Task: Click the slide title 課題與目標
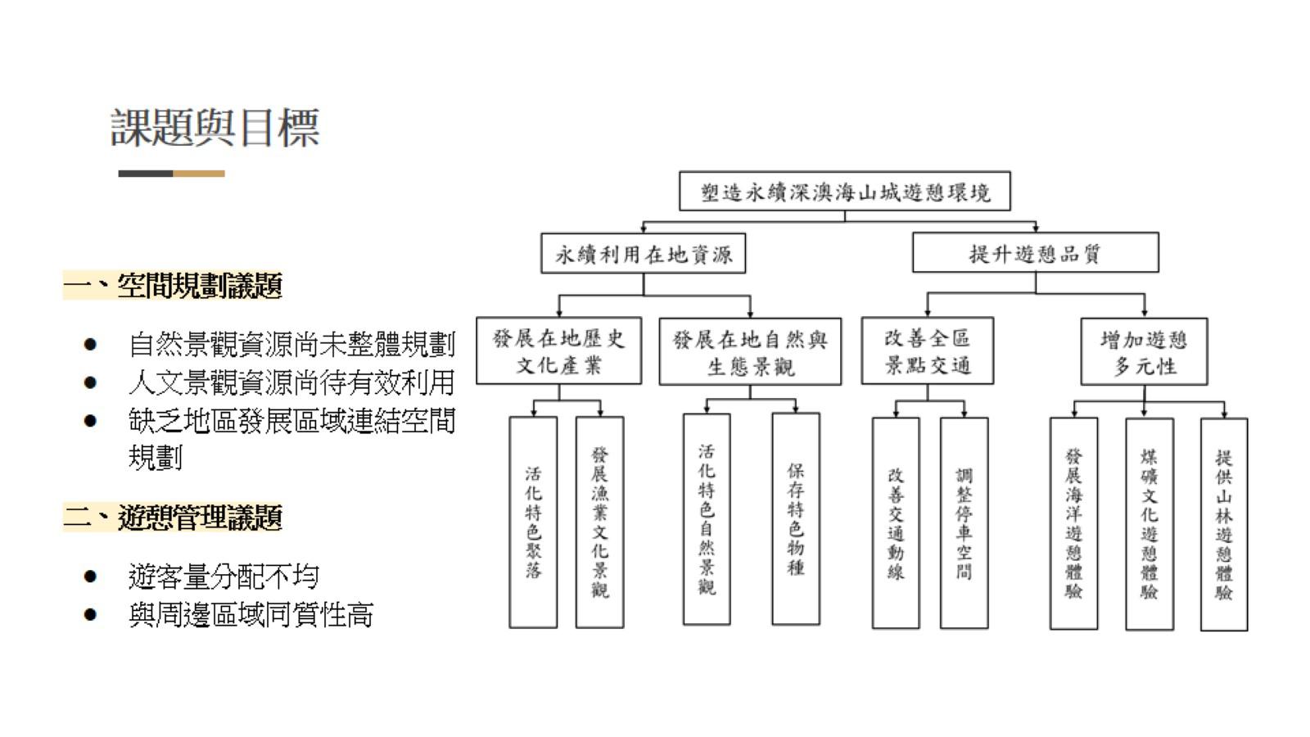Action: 215,128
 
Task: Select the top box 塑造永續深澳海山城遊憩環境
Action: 844,192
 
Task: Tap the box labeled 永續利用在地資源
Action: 643,254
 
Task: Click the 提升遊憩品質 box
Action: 1035,253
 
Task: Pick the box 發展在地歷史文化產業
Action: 558,351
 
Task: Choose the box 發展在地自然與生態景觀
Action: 750,352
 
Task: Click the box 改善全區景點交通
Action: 927,351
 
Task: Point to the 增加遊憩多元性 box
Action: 1143,352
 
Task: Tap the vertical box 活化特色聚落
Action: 533,522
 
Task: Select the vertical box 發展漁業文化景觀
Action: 599,522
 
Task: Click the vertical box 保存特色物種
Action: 795,519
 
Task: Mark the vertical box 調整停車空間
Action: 964,523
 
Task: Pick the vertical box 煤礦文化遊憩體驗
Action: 1149,524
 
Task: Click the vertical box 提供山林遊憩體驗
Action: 1223,524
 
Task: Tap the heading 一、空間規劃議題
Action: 173,286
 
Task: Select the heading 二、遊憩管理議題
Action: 173,518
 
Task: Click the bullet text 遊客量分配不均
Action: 224,576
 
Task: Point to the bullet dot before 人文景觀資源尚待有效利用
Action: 90,382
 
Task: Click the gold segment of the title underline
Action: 198,174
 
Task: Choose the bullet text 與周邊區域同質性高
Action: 251,614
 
